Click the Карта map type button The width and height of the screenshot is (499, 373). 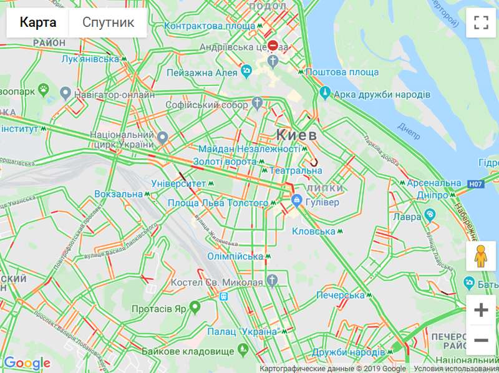(37, 23)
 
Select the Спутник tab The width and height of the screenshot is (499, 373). (109, 23)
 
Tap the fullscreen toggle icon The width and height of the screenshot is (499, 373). (480, 23)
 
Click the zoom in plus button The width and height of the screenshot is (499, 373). (480, 310)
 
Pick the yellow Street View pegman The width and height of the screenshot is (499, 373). (480, 256)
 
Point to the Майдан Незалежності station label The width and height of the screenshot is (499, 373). (249, 149)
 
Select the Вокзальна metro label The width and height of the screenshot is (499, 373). (119, 194)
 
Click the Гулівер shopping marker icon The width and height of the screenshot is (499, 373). (298, 201)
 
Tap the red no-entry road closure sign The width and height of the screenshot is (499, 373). (273, 45)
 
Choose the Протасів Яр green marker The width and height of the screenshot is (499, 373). (195, 307)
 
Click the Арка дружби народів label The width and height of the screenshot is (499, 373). (382, 94)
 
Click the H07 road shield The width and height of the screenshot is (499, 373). (475, 184)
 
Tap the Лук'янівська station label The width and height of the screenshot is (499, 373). (90, 59)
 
